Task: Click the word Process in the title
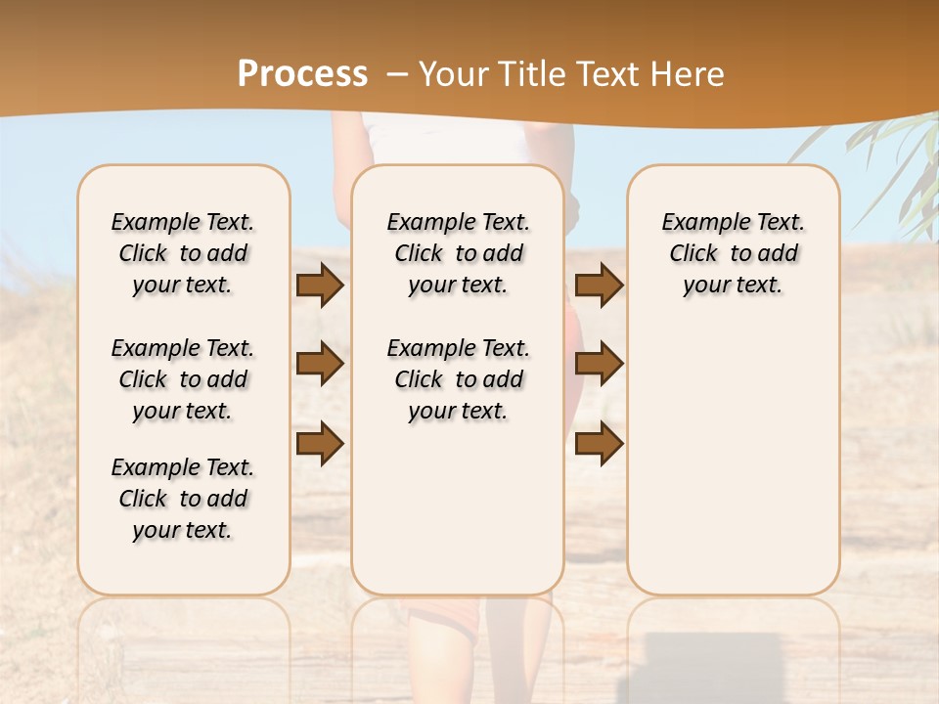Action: (302, 74)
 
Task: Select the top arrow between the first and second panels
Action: (320, 286)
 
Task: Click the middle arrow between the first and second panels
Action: (320, 365)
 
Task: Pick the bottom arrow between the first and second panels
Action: (320, 443)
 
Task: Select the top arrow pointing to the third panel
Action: (599, 286)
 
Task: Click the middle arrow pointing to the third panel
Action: (599, 365)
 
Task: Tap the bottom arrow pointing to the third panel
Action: (599, 443)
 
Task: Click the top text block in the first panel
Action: (183, 253)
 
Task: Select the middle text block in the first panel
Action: (183, 379)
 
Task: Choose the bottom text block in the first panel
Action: (183, 499)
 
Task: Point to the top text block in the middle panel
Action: (458, 253)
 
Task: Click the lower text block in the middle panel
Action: (458, 379)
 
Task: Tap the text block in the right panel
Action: (733, 253)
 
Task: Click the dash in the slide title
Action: (396, 74)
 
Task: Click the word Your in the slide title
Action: (451, 74)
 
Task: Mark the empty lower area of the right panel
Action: (733, 460)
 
